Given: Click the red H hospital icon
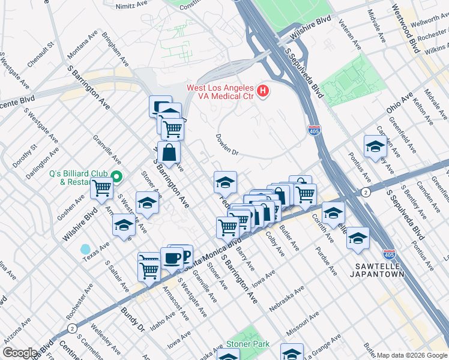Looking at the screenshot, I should (262, 91).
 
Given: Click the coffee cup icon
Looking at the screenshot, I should (172, 258).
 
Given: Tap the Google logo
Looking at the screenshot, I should (20, 353).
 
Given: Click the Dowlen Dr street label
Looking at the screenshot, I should (228, 145).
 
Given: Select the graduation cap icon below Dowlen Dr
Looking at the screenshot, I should (225, 182).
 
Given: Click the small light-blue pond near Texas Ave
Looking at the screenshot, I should (85, 249).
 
